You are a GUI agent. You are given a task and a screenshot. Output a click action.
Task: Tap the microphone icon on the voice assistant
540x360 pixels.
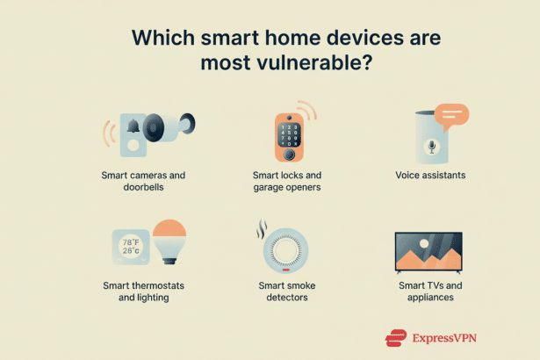tap(431, 146)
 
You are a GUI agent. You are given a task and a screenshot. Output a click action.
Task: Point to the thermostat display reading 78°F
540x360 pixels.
tap(129, 242)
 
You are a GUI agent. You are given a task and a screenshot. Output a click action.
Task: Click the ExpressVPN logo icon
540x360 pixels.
tap(397, 336)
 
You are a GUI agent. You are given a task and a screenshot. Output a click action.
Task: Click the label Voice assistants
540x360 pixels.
tap(429, 175)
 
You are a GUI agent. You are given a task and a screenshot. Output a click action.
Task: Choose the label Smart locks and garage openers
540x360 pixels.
tap(287, 181)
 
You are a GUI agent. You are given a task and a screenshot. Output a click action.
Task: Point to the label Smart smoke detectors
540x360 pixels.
tap(287, 292)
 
